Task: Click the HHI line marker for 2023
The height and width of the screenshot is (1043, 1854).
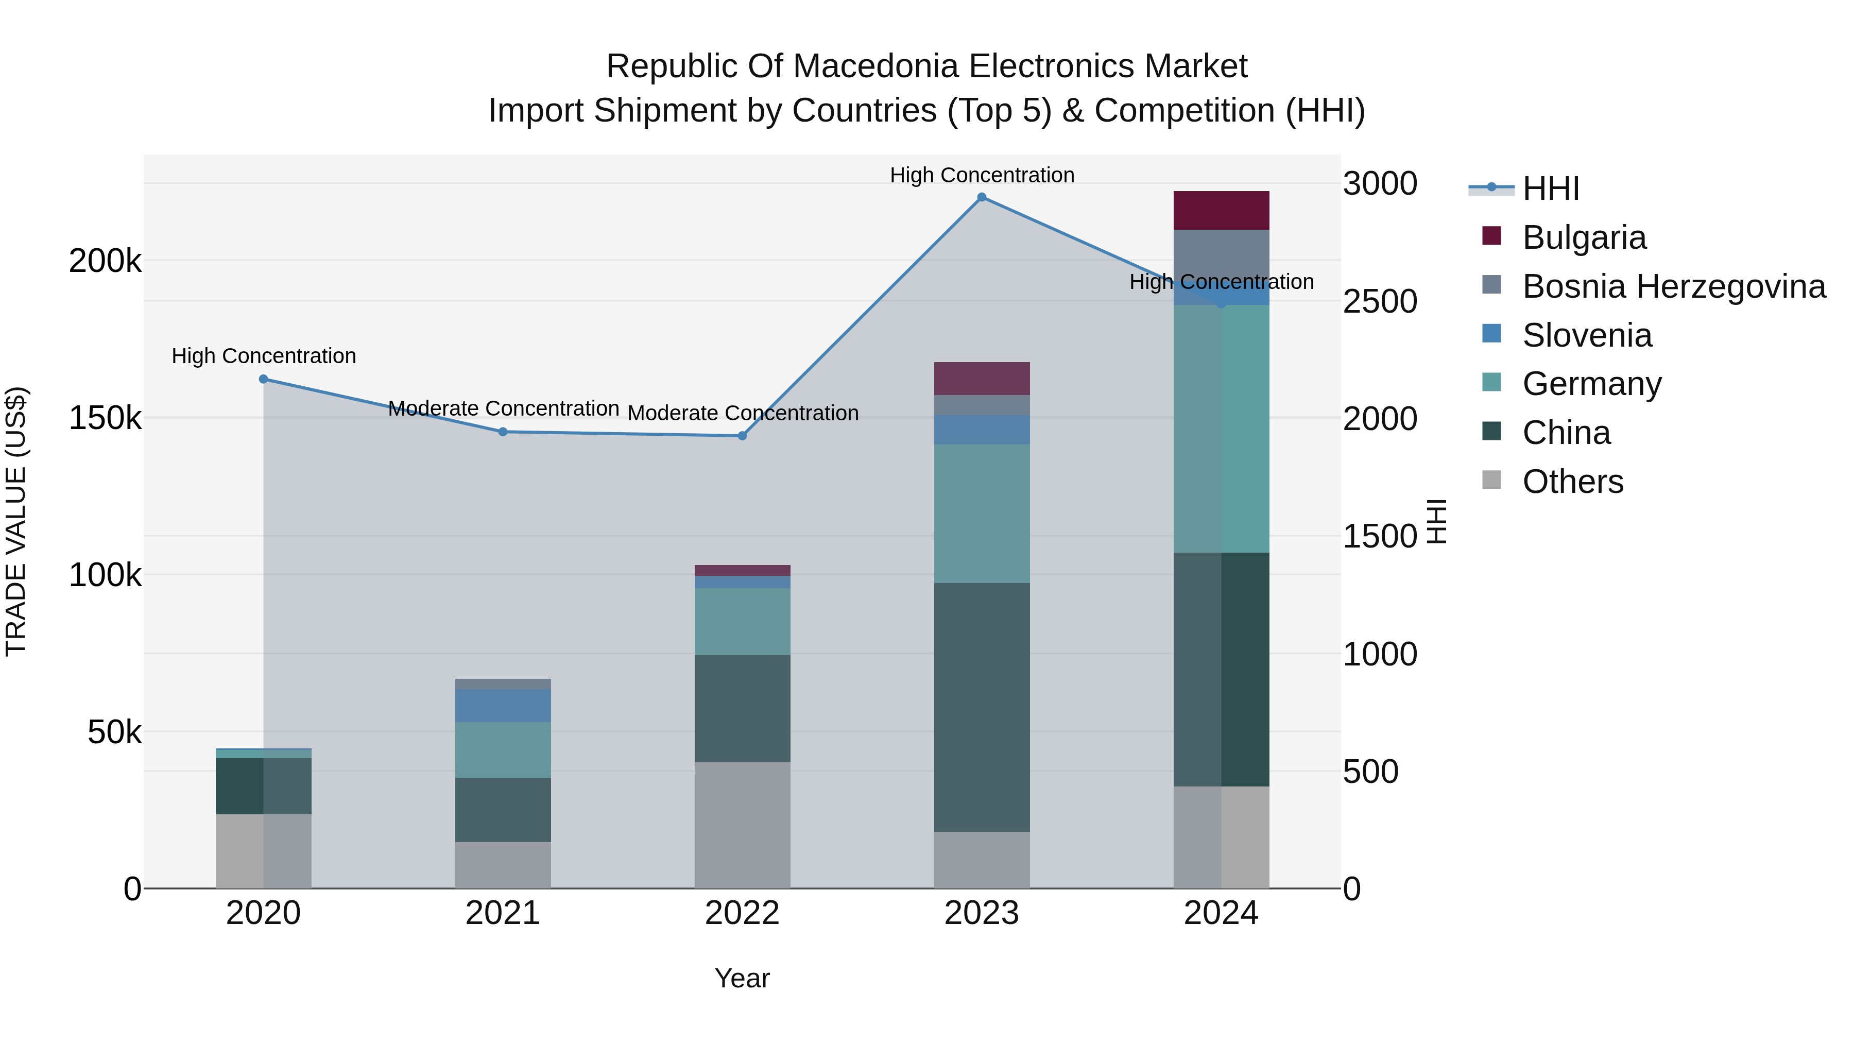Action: tap(982, 197)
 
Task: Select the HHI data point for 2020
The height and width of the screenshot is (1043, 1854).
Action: tap(263, 379)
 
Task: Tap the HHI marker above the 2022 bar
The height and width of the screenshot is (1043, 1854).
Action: tap(742, 435)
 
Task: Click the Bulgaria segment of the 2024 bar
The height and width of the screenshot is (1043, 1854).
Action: tap(1222, 211)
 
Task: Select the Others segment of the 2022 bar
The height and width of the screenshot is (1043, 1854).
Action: tap(742, 825)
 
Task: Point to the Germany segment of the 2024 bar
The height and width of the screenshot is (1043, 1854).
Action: tap(1222, 429)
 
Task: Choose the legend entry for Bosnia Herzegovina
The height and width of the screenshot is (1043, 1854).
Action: tap(1673, 286)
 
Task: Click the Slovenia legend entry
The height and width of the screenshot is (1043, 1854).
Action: tap(1587, 335)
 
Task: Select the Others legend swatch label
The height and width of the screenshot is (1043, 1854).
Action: tap(1573, 482)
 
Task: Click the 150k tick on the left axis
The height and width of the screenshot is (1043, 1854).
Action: tap(105, 418)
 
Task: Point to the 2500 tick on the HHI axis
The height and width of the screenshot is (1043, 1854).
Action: tap(1380, 302)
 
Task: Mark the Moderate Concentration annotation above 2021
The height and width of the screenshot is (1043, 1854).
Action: tap(503, 409)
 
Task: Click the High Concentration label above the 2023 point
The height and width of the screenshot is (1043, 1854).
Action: tap(982, 175)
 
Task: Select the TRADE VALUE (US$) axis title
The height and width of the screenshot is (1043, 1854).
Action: tap(16, 521)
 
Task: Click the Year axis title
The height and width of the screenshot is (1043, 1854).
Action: tap(742, 978)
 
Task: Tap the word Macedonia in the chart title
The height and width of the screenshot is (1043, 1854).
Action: tap(878, 66)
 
